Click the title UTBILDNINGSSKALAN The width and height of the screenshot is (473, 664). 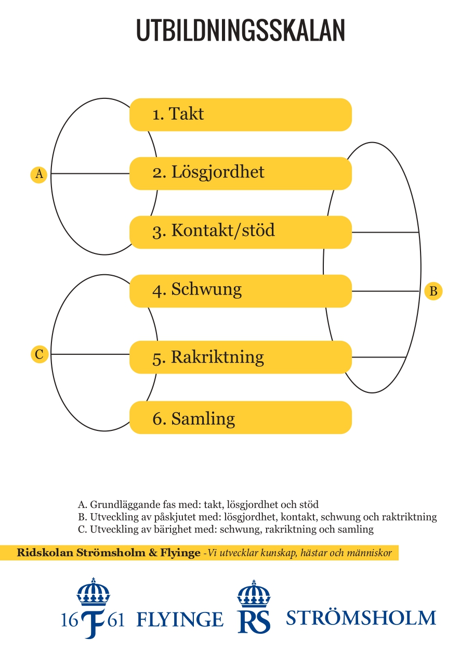click(x=241, y=31)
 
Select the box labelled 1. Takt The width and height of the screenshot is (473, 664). click(x=240, y=114)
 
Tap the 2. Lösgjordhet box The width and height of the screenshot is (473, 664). click(x=240, y=173)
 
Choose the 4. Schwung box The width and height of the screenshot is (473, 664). click(x=240, y=291)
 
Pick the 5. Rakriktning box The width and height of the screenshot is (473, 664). click(x=240, y=357)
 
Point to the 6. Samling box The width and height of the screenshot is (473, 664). click(x=240, y=417)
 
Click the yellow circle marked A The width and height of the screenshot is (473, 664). click(x=39, y=174)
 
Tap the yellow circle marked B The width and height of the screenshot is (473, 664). click(x=433, y=291)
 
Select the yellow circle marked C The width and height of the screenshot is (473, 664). click(x=39, y=354)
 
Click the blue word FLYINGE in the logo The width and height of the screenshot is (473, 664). click(x=180, y=619)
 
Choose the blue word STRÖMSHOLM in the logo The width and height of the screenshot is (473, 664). click(x=361, y=618)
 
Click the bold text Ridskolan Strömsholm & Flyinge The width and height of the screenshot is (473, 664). click(x=109, y=553)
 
